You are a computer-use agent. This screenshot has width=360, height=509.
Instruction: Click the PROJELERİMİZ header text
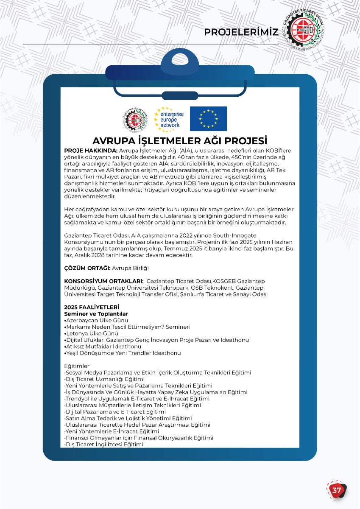coord(241,32)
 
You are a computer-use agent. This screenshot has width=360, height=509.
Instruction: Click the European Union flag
coord(208,119)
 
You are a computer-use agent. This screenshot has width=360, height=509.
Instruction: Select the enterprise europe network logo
coord(169,118)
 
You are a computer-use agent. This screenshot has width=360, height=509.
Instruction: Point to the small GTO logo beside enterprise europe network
coord(135,119)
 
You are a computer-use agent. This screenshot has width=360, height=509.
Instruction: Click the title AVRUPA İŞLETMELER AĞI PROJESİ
coord(180,141)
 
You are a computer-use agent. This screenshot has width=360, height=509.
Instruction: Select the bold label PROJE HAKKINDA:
coord(91,151)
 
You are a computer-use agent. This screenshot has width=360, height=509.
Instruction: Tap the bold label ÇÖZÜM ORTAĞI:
coord(87,268)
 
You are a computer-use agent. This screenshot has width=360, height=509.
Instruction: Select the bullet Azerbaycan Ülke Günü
coord(97,320)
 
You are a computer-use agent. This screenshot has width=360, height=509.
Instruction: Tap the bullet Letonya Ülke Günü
coord(92,333)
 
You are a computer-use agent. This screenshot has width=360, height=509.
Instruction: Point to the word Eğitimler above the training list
coord(77,366)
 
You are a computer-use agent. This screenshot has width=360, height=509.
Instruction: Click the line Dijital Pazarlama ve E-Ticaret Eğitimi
coord(115,412)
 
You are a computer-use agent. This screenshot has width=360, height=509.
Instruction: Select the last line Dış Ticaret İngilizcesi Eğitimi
coord(104,445)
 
